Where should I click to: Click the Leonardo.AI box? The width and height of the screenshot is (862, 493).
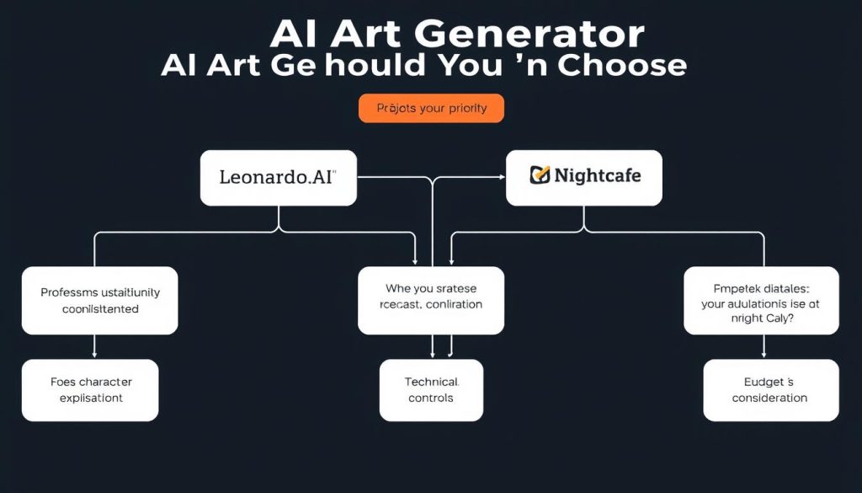coord(278,178)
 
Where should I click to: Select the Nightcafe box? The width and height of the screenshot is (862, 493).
coord(583,178)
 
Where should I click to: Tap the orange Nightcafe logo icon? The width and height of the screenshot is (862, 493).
coord(540,175)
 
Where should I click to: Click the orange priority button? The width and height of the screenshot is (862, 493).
coord(431,109)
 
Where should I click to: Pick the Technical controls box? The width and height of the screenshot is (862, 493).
coord(431,389)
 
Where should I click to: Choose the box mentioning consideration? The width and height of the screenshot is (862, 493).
coord(770,389)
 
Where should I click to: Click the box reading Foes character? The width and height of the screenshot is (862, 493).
coord(90,389)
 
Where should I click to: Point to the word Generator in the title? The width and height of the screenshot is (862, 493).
coord(530,35)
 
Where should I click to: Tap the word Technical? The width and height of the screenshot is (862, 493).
coord(432,382)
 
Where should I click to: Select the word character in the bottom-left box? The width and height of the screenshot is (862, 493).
coord(106,382)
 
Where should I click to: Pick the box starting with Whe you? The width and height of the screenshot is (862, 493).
coord(431,300)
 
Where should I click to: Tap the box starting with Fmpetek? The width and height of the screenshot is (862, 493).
coord(761,300)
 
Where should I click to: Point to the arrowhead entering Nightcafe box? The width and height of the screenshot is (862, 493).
coord(502,177)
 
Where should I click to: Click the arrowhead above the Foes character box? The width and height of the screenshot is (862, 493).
coord(93,355)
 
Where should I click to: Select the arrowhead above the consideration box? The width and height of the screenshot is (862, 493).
coord(764,355)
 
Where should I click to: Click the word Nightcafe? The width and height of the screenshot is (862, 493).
coord(598,175)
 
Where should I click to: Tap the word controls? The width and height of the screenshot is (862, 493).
coord(431,398)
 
